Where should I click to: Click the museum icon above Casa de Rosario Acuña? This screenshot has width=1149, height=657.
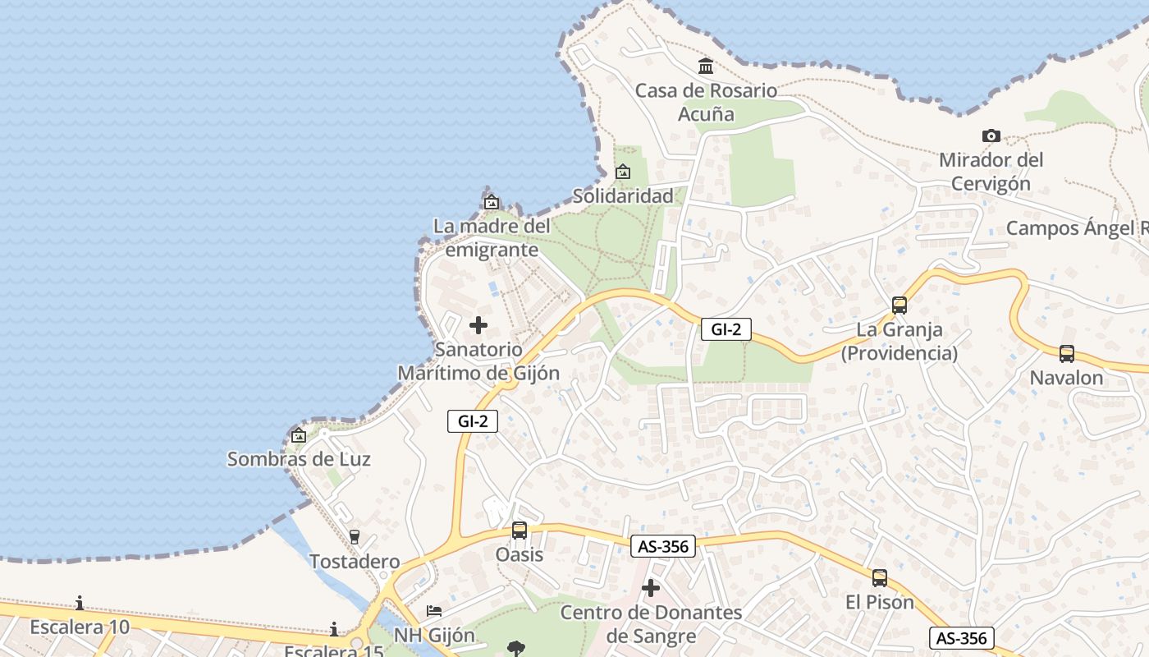[706, 66]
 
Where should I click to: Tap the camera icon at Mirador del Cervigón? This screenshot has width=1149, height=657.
[991, 136]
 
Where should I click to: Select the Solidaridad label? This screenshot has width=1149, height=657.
[623, 195]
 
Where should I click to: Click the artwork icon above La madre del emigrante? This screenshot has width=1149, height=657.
[492, 202]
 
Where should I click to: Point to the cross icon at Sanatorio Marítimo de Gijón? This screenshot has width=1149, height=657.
[478, 325]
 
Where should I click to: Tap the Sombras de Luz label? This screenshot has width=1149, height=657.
[299, 459]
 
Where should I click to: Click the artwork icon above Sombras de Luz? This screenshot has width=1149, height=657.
[299, 435]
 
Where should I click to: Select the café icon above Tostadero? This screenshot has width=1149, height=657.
[355, 537]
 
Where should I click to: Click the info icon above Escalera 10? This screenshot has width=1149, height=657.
[80, 604]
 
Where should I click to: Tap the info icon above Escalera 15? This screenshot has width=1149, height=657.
[334, 630]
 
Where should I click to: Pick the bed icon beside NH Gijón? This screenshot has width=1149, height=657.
[434, 611]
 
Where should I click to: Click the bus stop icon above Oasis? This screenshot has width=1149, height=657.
[520, 531]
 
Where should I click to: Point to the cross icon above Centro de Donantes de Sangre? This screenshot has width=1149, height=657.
[651, 588]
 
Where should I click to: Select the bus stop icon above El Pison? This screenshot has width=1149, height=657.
[880, 578]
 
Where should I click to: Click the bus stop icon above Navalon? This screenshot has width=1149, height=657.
[1067, 354]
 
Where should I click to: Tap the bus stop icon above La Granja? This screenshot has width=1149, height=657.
[900, 306]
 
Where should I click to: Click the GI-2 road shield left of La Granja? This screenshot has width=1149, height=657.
[726, 330]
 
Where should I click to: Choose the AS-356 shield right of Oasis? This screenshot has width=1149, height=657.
[663, 546]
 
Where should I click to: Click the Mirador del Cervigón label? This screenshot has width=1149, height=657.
[991, 171]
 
